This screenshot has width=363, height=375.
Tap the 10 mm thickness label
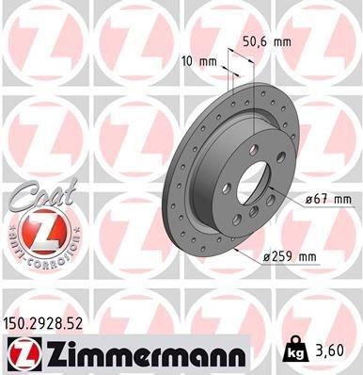198,62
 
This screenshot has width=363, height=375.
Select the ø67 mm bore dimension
328,199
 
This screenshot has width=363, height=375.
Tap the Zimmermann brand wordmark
144,353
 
